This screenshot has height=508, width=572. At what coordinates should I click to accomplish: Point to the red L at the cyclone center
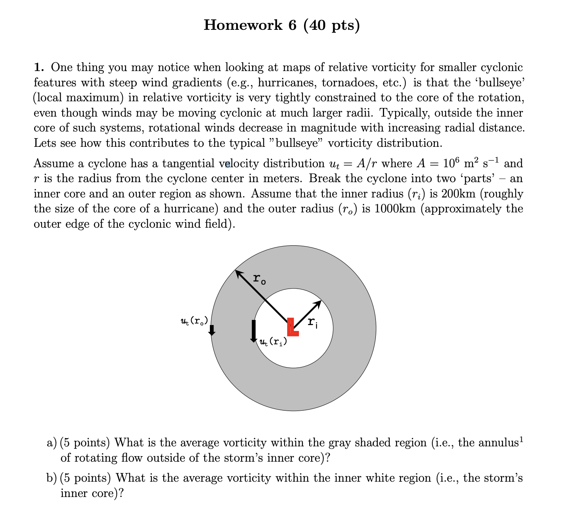[x=292, y=327]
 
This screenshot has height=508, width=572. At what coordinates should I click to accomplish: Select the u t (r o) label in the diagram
[x=194, y=321]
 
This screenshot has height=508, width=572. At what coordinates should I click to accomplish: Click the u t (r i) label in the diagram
[x=273, y=342]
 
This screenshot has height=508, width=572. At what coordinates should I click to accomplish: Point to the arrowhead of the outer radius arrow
[x=238, y=273]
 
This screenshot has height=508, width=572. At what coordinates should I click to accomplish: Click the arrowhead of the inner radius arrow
[x=318, y=303]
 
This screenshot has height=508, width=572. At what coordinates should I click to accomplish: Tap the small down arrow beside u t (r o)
[x=212, y=331]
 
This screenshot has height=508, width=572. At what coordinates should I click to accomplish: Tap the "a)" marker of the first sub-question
[x=52, y=443]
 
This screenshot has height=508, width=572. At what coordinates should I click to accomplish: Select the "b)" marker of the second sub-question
[x=52, y=478]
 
